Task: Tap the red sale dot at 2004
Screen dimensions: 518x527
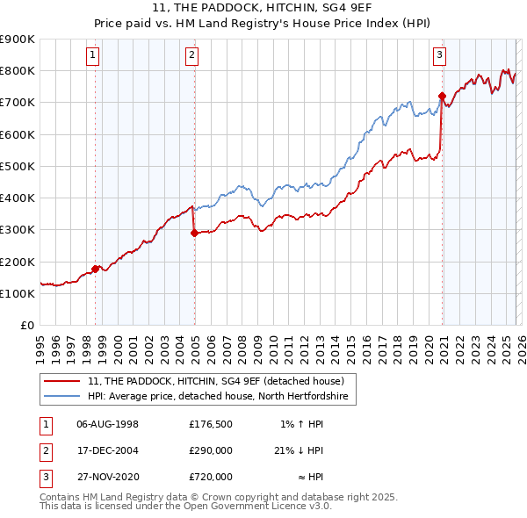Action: click(x=194, y=233)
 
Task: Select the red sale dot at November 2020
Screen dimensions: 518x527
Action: click(x=442, y=96)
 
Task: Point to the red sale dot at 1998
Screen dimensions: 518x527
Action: click(x=95, y=269)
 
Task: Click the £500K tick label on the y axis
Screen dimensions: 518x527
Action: click(x=18, y=166)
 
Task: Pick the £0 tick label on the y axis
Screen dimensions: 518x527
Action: click(x=26, y=325)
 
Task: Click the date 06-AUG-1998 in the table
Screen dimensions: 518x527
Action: click(x=107, y=424)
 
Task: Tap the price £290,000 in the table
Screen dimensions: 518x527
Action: click(x=211, y=450)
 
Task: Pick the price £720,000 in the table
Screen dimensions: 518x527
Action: click(x=211, y=477)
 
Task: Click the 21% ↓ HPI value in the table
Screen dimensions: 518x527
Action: click(x=298, y=450)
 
